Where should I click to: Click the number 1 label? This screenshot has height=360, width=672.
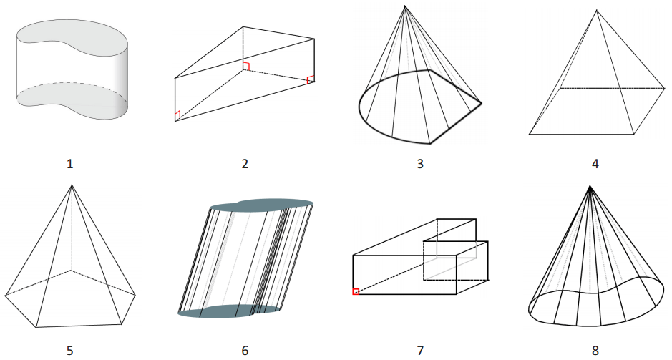click(69, 164)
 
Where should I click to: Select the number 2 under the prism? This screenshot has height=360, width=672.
click(245, 164)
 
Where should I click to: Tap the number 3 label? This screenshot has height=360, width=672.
click(420, 164)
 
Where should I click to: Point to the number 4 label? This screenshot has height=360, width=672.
click(595, 164)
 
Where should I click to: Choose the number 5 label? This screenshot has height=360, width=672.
click(69, 350)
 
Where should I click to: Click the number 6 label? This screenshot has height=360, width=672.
click(245, 350)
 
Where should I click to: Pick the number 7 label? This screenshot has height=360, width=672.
click(420, 350)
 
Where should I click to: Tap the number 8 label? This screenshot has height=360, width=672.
click(595, 350)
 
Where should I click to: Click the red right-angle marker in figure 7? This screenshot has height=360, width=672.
click(356, 291)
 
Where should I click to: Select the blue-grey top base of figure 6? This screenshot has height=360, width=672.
click(261, 205)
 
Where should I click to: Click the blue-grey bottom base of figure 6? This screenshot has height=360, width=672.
click(229, 311)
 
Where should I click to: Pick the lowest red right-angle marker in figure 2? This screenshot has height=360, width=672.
click(177, 115)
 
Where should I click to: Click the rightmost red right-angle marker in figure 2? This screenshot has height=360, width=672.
click(311, 79)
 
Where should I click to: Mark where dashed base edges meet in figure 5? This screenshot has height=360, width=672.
click(71, 272)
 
